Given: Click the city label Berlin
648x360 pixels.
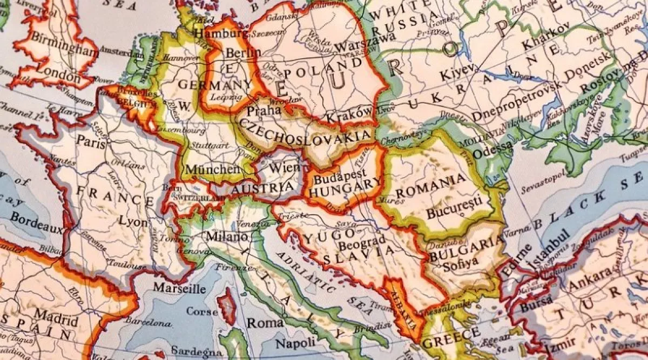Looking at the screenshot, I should (x=243, y=53).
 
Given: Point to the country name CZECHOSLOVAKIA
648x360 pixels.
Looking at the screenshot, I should (x=306, y=132).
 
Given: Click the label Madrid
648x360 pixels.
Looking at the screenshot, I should (x=52, y=315).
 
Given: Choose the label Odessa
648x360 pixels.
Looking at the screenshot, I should (x=489, y=153).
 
